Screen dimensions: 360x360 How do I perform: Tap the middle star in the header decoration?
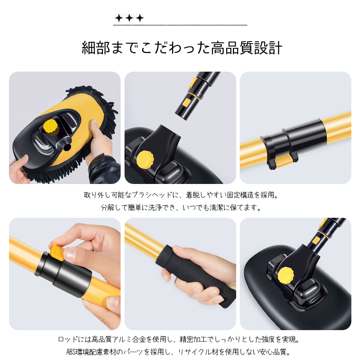[129, 18]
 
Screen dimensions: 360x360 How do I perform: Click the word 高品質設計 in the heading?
[246, 48]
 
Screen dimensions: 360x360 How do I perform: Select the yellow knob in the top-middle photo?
[145, 159]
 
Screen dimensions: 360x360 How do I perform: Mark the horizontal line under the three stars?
[180, 25]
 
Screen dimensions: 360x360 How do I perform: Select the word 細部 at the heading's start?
[96, 48]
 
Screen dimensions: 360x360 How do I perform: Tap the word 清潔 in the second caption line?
[216, 208]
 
